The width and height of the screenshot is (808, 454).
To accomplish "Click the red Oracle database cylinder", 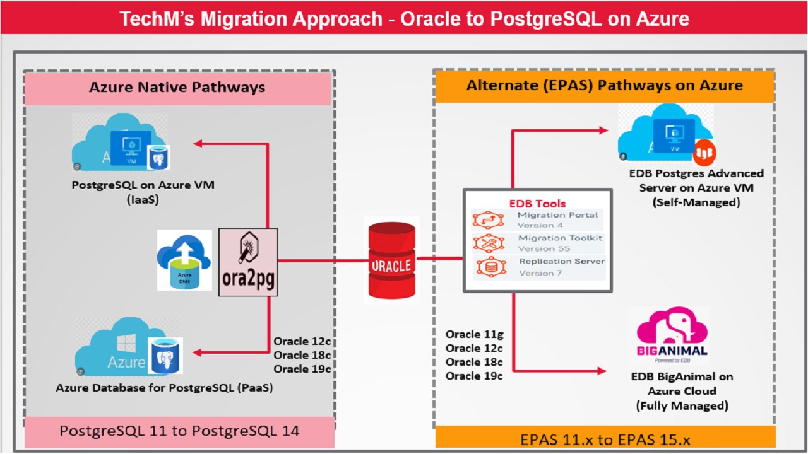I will pos(391,260).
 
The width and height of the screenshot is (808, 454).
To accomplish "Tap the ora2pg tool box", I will pos(248,262).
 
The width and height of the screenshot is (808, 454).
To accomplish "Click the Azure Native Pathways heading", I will pos(177,88).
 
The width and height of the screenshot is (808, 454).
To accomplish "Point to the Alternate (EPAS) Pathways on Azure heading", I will pos(604,85).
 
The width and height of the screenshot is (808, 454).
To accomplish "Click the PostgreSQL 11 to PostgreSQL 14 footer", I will pos(179,431).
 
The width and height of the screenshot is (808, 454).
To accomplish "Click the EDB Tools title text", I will pos(537,204).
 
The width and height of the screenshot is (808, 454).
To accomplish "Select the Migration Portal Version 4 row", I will pos(538,220).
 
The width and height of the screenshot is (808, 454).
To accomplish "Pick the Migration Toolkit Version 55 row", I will pos(538,243).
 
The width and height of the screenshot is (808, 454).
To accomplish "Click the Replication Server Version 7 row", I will pos(538,267).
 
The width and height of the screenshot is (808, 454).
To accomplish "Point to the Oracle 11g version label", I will pos(474,334).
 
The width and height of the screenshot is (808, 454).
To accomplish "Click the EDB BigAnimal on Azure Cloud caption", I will pos(682,391).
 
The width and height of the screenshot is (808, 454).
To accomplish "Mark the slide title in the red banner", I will pos(404,19).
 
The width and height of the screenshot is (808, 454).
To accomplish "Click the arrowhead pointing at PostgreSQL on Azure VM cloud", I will pos(197,144).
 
